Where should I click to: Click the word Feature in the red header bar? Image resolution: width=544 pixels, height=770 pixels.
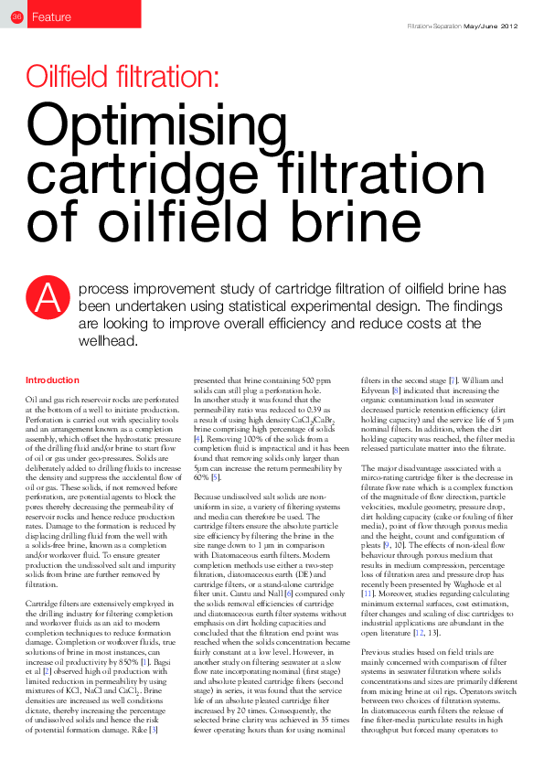pyautogui.click(x=50, y=16)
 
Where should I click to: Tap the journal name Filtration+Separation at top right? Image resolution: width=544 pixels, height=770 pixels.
pyautogui.click(x=434, y=26)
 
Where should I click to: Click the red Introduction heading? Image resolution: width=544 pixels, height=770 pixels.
pyautogui.click(x=52, y=380)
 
